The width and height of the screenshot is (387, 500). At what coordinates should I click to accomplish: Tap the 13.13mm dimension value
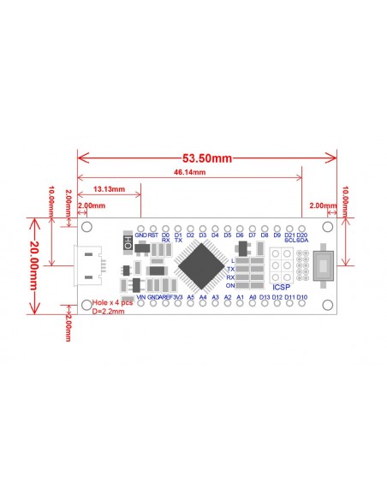pos(109,188)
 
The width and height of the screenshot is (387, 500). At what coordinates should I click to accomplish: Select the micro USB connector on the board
pos(87,265)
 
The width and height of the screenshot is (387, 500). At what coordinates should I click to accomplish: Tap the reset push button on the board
pos(324,265)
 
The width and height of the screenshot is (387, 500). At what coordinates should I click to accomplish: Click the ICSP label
pos(282,287)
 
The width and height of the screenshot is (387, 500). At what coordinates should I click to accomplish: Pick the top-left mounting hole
pos(86,228)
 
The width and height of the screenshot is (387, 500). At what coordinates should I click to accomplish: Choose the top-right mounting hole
pos(326,228)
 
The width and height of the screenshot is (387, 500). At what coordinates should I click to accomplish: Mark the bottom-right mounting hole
pos(326,303)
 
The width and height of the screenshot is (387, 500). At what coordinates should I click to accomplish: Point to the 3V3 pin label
pos(178,297)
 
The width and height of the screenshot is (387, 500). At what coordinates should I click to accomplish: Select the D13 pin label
pos(265,297)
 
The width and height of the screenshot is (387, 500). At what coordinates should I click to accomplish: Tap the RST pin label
pos(152,235)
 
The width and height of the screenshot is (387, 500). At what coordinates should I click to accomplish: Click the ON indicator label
pos(230,286)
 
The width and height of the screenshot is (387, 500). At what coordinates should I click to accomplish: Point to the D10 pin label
pos(302,297)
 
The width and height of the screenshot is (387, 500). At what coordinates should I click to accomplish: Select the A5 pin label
pos(191,297)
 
